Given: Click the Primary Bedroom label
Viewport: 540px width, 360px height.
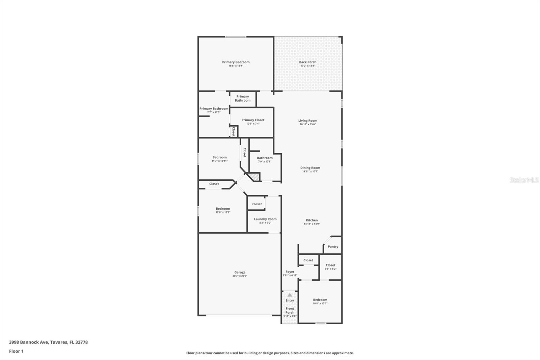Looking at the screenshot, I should click(236, 62).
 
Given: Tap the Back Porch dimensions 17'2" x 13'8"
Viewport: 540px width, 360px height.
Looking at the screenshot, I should click(307, 66).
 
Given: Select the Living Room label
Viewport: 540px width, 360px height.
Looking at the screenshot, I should click(307, 121).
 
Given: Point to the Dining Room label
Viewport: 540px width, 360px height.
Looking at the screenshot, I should click(310, 168).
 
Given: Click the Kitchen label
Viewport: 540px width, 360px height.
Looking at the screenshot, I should click(312, 220).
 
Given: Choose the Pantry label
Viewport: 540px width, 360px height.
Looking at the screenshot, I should click(333, 247).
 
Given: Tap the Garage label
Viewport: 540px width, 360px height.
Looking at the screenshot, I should click(240, 272).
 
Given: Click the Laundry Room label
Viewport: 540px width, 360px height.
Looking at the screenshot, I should click(265, 219).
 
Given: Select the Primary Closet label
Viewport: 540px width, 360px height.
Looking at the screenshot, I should click(253, 120).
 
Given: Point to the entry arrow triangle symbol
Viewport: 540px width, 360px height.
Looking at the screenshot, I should click(290, 295).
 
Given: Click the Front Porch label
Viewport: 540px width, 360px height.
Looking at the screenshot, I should click(290, 310).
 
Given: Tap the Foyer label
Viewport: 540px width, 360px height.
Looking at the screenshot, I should click(290, 272).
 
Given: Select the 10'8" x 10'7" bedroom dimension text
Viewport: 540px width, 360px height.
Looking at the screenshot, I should click(320, 304).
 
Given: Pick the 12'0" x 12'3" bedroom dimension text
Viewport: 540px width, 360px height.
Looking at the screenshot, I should click(223, 212).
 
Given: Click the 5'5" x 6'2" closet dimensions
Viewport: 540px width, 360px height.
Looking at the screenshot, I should click(330, 269).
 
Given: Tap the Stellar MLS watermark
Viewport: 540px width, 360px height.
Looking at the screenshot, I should click(524, 180).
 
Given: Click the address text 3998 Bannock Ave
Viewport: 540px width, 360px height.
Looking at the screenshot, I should click(28, 342).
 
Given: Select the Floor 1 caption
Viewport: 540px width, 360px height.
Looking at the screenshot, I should click(16, 351).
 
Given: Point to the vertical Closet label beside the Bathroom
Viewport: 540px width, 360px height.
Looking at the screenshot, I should click(245, 152).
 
